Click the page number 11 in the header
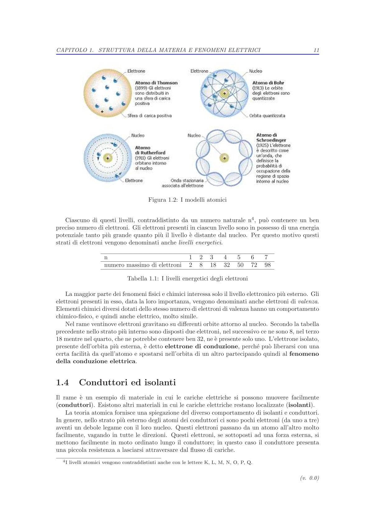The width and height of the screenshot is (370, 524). [316, 50]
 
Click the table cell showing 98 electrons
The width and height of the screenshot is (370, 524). [267, 265]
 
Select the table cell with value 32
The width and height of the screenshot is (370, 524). [227, 265]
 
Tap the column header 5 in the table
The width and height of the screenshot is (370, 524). [239, 257]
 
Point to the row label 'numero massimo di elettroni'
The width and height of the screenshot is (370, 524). [143, 265]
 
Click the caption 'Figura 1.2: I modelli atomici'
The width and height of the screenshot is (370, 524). [187, 200]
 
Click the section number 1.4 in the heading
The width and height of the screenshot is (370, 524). [62, 382]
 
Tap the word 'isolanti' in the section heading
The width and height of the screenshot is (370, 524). [160, 382]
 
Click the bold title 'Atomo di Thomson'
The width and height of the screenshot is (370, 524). [156, 83]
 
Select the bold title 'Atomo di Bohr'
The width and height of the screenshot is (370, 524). [268, 83]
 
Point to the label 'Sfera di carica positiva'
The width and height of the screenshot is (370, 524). [150, 116]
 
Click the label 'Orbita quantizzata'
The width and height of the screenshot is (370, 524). [267, 116]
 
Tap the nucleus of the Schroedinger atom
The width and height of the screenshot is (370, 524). [224, 158]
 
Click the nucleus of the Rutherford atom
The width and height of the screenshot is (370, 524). [108, 158]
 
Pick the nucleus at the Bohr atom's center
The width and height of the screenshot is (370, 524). [224, 93]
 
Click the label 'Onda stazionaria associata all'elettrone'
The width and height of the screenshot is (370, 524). [183, 183]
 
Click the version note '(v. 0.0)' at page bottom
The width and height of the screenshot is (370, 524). [310, 478]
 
